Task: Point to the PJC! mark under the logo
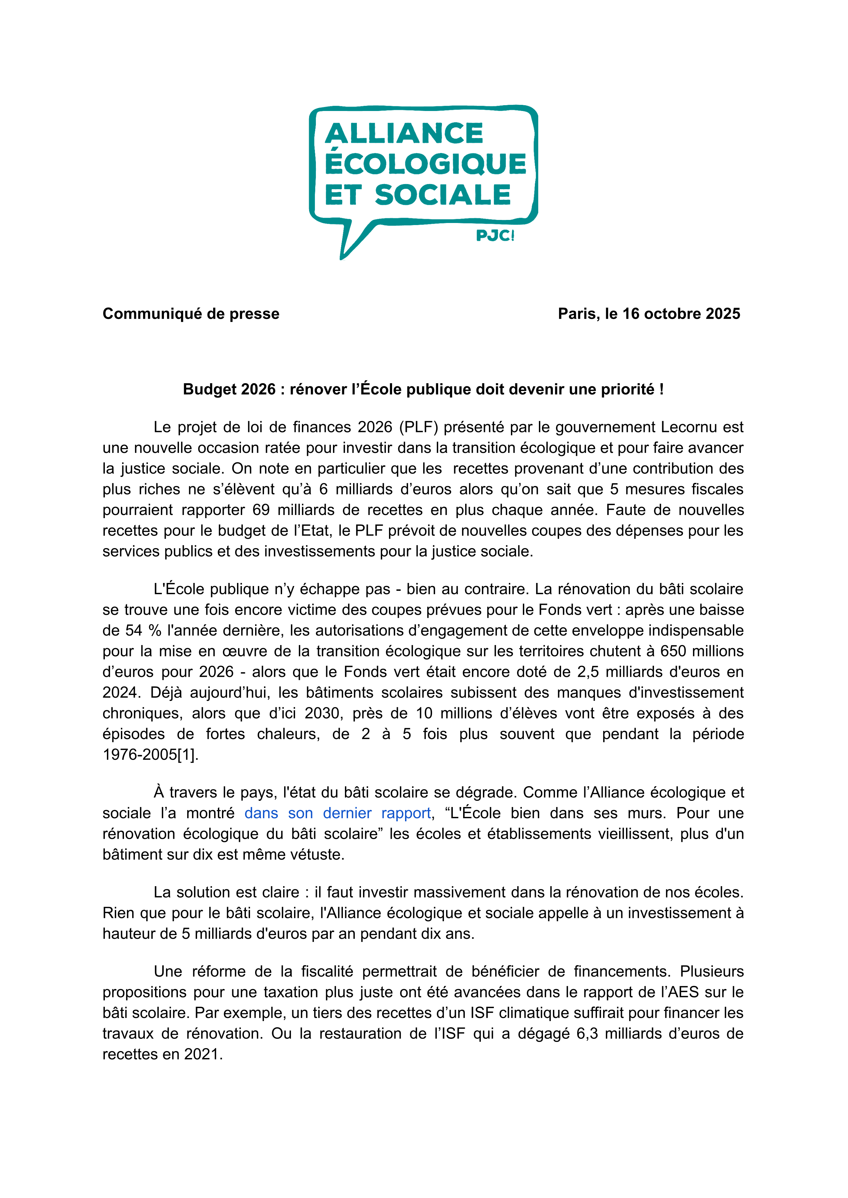pyautogui.click(x=495, y=236)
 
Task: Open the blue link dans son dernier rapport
pyautogui.click(x=337, y=813)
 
